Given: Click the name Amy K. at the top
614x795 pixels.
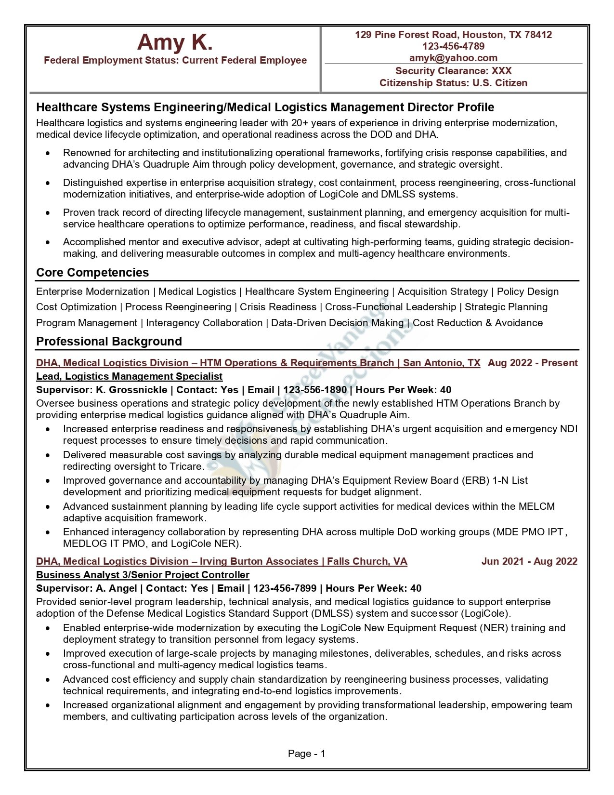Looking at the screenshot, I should coord(175,42).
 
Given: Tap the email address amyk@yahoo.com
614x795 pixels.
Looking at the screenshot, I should coord(453,58).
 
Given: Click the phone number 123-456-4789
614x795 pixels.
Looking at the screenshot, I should coord(453,46).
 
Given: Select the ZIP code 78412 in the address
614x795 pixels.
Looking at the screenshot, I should coord(538,35).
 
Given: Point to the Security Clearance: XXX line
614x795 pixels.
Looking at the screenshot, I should coord(453,71).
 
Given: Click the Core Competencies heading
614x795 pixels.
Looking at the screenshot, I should coord(92,273).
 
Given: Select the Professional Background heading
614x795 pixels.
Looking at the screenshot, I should coord(109,342).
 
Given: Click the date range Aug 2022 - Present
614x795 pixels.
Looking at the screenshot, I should coord(532,363).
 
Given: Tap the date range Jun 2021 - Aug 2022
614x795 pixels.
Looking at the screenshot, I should coord(529,561).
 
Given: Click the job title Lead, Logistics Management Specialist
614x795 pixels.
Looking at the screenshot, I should coord(129,376).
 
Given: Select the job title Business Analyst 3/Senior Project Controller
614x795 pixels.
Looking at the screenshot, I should coord(143,575).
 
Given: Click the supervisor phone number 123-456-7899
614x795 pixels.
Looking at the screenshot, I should coord(285,588).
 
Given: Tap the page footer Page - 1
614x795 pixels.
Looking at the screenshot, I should coord(306,754).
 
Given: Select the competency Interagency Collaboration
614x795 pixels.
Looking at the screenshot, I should coord(204,323).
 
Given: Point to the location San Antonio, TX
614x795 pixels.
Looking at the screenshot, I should coord(442,363).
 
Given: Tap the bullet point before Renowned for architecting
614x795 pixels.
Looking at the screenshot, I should coord(47,153).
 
